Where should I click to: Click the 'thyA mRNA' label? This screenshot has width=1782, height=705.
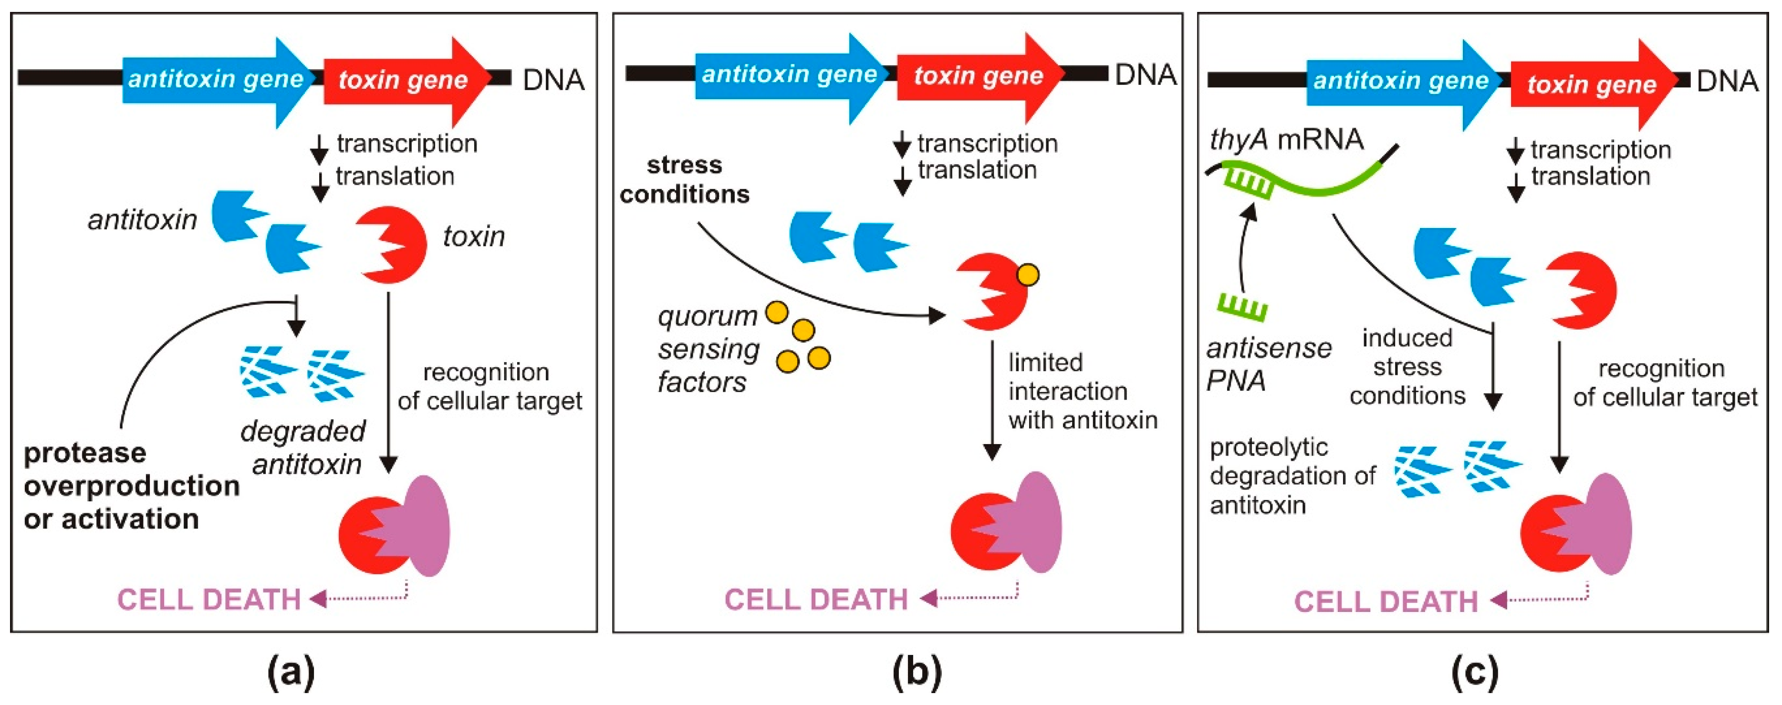coord(1286,140)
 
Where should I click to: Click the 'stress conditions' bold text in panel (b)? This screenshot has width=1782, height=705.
coord(684,180)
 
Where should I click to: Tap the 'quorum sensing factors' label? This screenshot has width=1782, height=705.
coord(707,349)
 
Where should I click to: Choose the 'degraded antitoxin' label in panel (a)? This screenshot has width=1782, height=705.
coord(304,447)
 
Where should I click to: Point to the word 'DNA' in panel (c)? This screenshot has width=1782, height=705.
coord(1727,82)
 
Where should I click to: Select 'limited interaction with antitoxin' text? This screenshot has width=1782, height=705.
coord(1081,392)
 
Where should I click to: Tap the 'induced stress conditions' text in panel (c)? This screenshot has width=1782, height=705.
coord(1407,367)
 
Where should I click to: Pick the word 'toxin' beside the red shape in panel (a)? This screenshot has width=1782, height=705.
coord(474,237)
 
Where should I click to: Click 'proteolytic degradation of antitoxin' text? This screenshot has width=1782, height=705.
coord(1292,476)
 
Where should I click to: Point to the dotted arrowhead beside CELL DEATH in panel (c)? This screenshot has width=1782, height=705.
coord(1499,600)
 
